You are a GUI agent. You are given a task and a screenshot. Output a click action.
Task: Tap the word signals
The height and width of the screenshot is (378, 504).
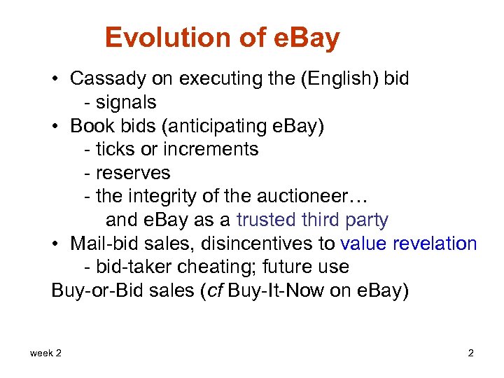[126, 102]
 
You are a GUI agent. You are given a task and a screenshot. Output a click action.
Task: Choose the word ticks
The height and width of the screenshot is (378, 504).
[112, 149]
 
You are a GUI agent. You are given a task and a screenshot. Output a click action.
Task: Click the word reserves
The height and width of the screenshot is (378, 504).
[133, 173]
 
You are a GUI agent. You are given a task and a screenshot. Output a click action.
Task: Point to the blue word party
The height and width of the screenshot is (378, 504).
[365, 220]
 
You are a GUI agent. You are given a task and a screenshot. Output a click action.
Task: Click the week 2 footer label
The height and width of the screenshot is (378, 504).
[45, 353]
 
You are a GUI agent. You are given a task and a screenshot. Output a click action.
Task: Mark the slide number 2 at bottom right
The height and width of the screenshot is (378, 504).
[470, 353]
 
